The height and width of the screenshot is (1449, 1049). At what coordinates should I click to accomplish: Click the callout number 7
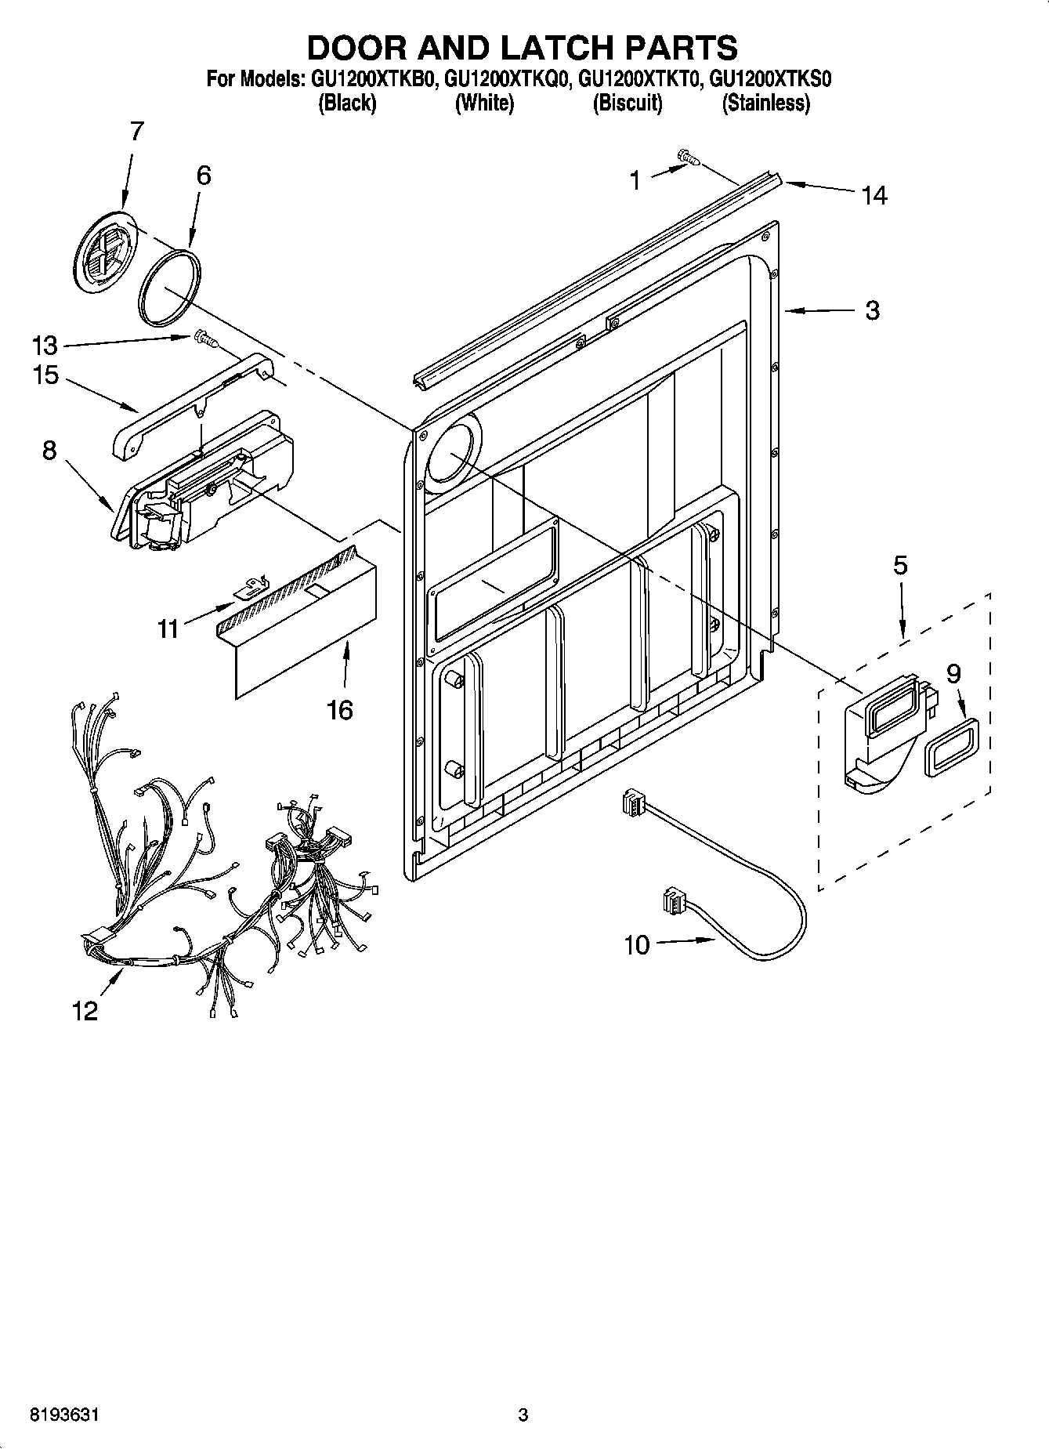136,131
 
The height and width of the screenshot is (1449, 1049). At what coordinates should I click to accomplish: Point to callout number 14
874,196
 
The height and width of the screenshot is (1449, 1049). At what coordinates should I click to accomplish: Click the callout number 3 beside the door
872,310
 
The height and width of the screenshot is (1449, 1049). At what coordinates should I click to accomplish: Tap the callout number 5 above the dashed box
900,565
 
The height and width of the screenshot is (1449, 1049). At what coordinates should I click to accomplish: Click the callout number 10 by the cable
637,945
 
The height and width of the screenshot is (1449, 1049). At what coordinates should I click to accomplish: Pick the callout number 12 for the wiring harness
85,1011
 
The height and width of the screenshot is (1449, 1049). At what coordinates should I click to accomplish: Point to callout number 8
49,451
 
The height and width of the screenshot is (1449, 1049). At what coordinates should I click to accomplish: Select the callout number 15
46,375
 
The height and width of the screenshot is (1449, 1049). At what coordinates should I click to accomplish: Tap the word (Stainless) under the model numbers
765,103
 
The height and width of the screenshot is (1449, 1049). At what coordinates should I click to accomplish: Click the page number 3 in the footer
523,1415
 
